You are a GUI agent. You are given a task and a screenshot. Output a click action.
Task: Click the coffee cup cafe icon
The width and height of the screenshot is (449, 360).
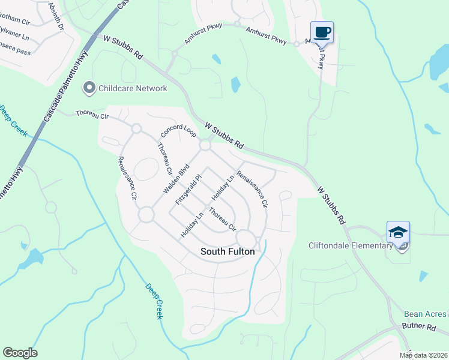322,32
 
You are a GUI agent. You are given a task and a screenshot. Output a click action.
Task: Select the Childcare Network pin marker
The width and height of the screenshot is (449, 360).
90,88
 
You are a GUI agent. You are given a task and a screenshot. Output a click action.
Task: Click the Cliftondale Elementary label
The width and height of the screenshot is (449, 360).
359,245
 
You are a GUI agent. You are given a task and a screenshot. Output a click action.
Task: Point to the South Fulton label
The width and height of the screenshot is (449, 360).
227,252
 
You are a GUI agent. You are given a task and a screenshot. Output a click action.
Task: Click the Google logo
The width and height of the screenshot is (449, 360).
20,353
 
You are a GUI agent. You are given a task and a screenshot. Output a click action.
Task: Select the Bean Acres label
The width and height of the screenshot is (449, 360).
425,314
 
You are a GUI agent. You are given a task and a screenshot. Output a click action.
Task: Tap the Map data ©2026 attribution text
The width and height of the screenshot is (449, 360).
423,355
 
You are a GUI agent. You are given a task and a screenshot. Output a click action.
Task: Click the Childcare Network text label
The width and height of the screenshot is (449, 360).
134,88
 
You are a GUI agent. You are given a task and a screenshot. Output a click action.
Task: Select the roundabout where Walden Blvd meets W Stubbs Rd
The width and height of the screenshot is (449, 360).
205,145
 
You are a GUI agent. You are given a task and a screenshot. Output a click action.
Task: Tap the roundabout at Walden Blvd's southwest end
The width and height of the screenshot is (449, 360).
146,215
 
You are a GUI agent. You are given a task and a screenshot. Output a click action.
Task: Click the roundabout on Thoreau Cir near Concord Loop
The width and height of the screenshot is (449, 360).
136,128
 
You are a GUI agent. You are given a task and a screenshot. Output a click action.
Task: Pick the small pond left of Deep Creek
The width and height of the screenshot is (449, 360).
31,258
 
